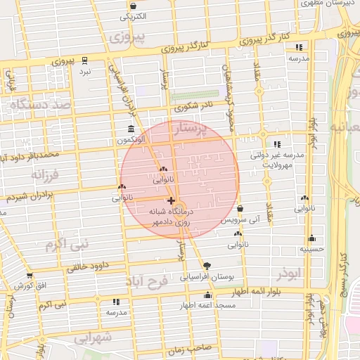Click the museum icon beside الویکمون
[131, 129]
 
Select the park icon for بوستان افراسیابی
[207, 265]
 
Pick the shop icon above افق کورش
[30, 275]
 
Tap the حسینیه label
[311, 248]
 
